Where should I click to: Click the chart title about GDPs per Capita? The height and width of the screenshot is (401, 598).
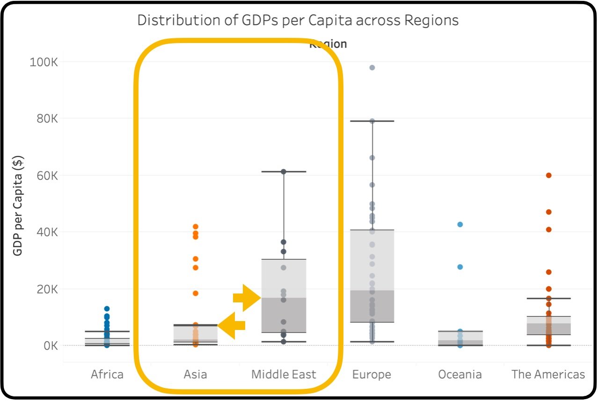click(x=298, y=21)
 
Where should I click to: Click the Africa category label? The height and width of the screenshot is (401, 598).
click(x=107, y=374)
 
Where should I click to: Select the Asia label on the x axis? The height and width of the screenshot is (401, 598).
click(x=195, y=374)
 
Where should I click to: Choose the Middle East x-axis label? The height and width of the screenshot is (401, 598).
click(x=284, y=374)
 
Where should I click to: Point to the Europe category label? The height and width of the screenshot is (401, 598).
click(x=372, y=374)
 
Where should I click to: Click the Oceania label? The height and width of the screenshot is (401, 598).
click(x=460, y=374)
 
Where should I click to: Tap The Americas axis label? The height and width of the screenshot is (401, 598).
click(x=548, y=374)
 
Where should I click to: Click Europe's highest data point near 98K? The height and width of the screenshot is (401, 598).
click(x=372, y=68)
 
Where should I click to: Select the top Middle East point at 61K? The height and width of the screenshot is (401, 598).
click(x=284, y=172)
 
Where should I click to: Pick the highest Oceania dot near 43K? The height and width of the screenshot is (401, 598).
click(x=460, y=224)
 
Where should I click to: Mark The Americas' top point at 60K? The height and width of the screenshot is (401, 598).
click(x=548, y=175)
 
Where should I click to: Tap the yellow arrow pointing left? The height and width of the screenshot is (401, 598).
click(x=233, y=325)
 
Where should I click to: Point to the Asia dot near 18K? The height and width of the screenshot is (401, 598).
click(x=196, y=294)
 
